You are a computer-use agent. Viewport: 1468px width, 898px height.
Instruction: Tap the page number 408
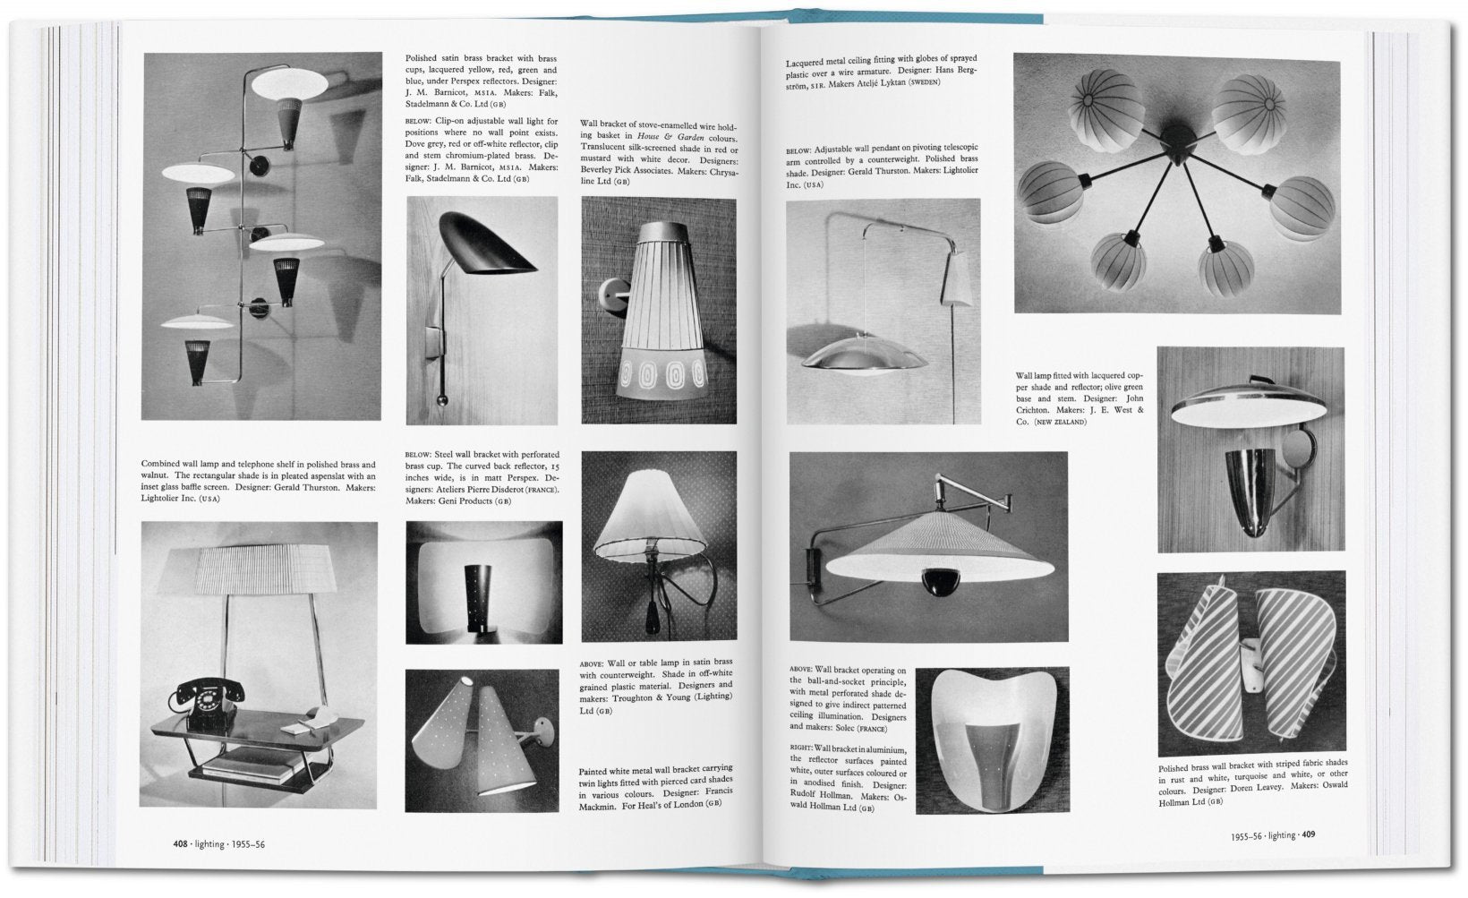180,843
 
